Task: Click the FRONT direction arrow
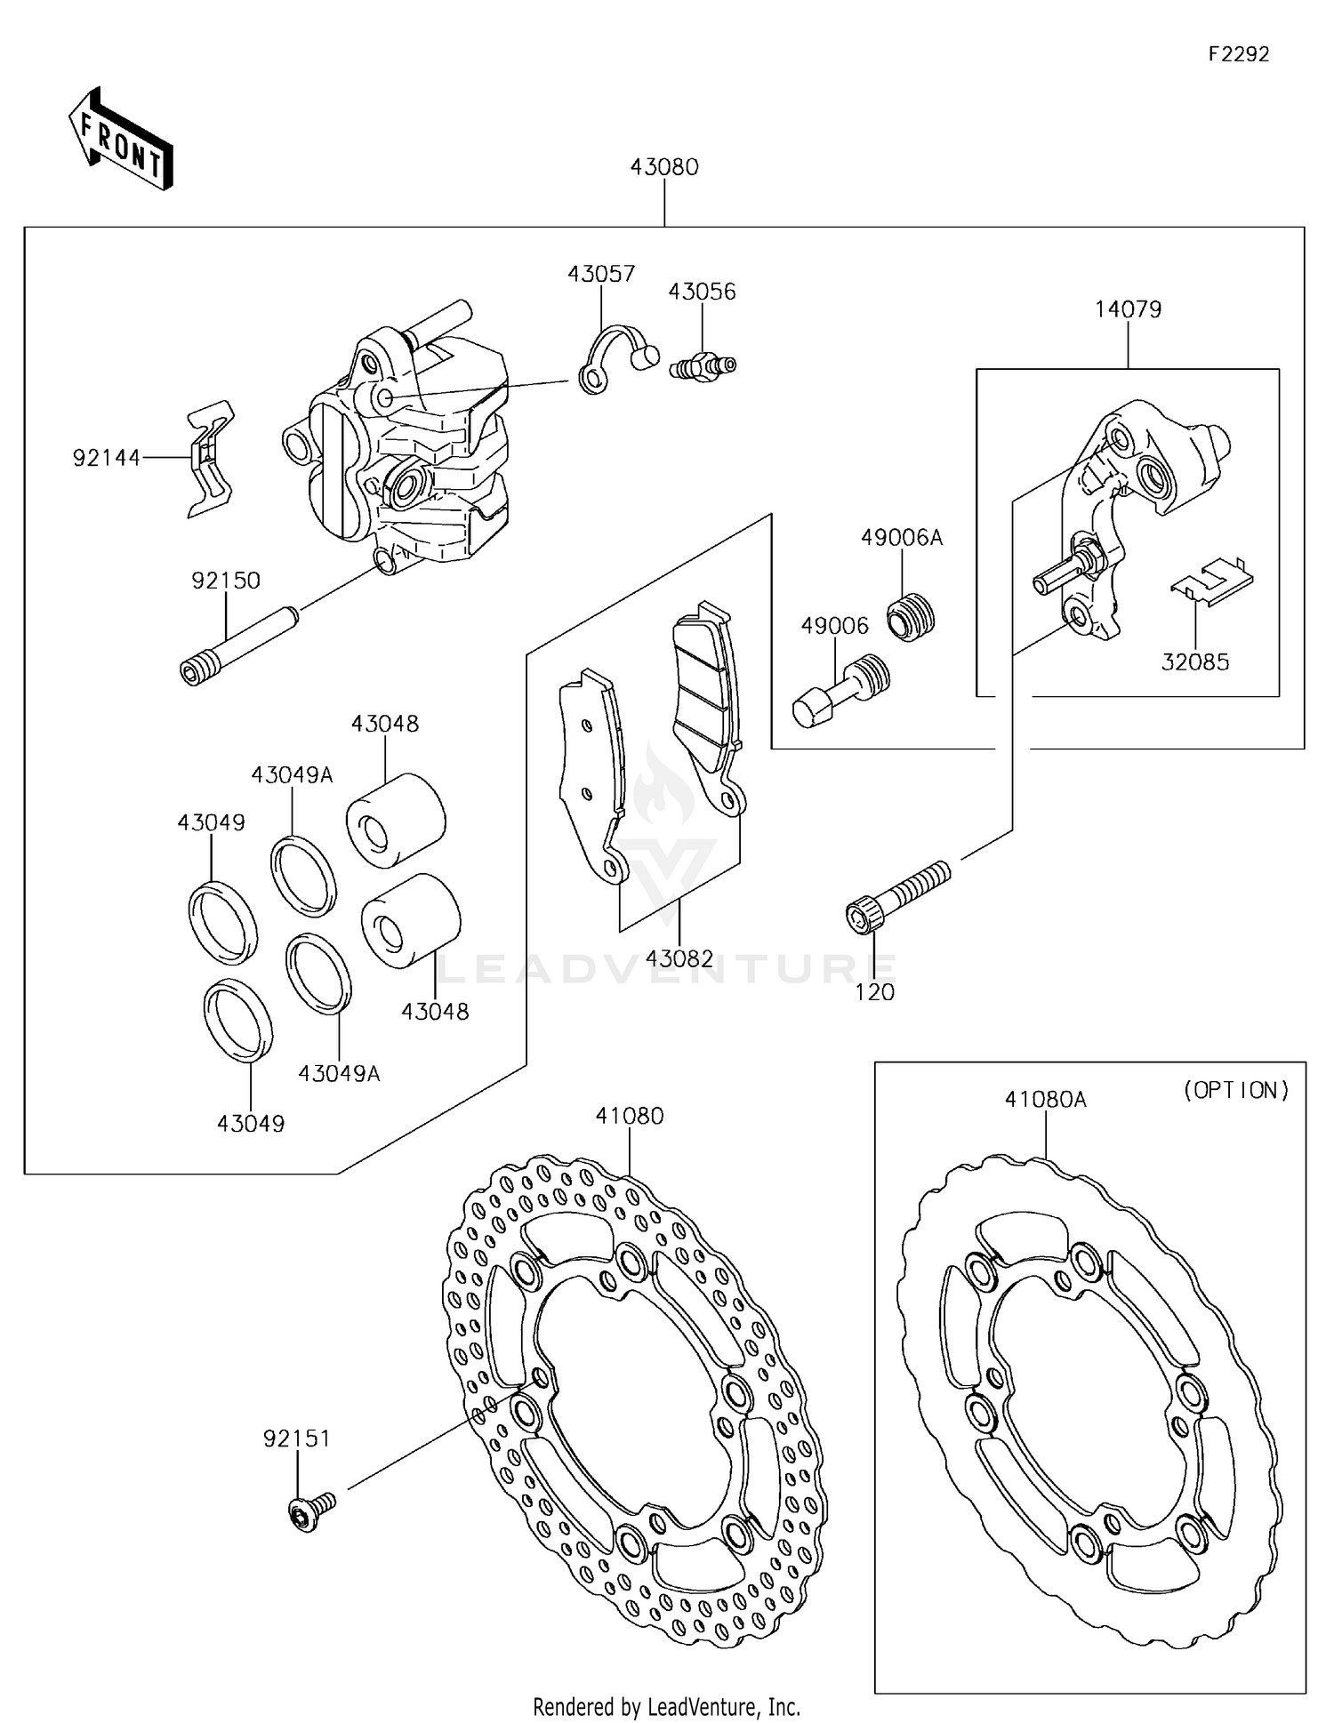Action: pyautogui.click(x=120, y=140)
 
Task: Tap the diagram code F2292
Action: pyautogui.click(x=1239, y=54)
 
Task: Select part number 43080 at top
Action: pyautogui.click(x=664, y=167)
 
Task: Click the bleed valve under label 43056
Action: pyautogui.click(x=703, y=365)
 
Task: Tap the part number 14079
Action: pyautogui.click(x=1128, y=309)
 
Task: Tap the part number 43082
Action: pyautogui.click(x=679, y=958)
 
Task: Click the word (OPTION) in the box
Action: pyautogui.click(x=1235, y=1091)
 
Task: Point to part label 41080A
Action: pyautogui.click(x=1045, y=1100)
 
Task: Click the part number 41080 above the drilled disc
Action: pyautogui.click(x=630, y=1116)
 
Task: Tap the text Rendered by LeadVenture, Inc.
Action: pyautogui.click(x=666, y=1706)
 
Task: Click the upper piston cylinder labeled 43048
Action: pyautogui.click(x=396, y=820)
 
